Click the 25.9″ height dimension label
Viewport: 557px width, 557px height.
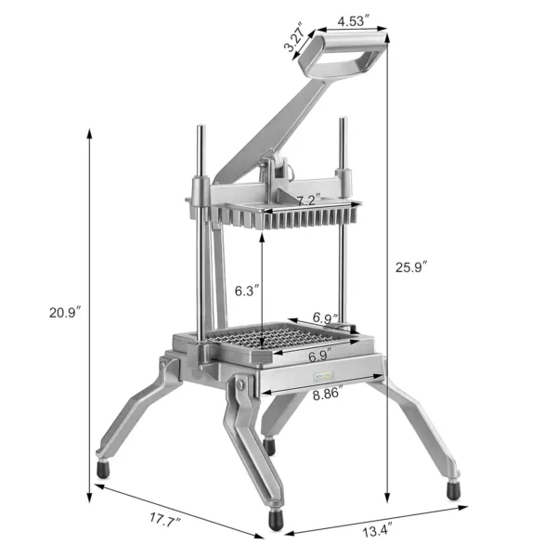pos(411,267)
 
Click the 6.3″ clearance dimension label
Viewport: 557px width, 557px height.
pos(245,291)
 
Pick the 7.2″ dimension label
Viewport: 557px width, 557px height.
pos(308,200)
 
